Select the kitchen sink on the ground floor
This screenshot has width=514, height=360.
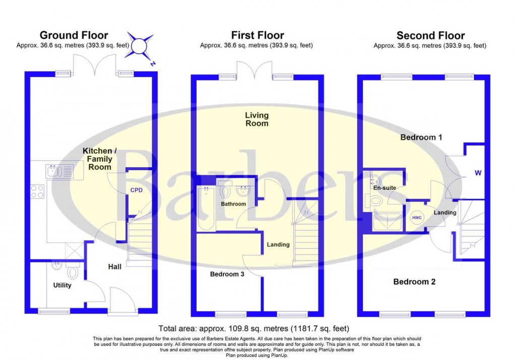[x=59, y=171]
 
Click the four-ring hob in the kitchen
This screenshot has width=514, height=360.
[x=38, y=192]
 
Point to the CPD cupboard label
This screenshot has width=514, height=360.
[x=137, y=190]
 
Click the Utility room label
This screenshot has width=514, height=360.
[x=62, y=285]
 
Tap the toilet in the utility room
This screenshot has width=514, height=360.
[x=73, y=272]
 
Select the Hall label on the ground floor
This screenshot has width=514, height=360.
[x=114, y=267]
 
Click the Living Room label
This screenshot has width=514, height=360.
[x=256, y=119]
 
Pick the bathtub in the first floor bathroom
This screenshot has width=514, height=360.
[x=206, y=208]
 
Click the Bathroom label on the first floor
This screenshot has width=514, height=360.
[x=233, y=204]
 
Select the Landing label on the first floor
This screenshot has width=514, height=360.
[x=278, y=245]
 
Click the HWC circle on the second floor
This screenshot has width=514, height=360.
[x=417, y=218]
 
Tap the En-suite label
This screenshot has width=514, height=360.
[x=384, y=188]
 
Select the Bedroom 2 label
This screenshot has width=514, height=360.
[x=414, y=282]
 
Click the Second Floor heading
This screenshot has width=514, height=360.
[x=430, y=35]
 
